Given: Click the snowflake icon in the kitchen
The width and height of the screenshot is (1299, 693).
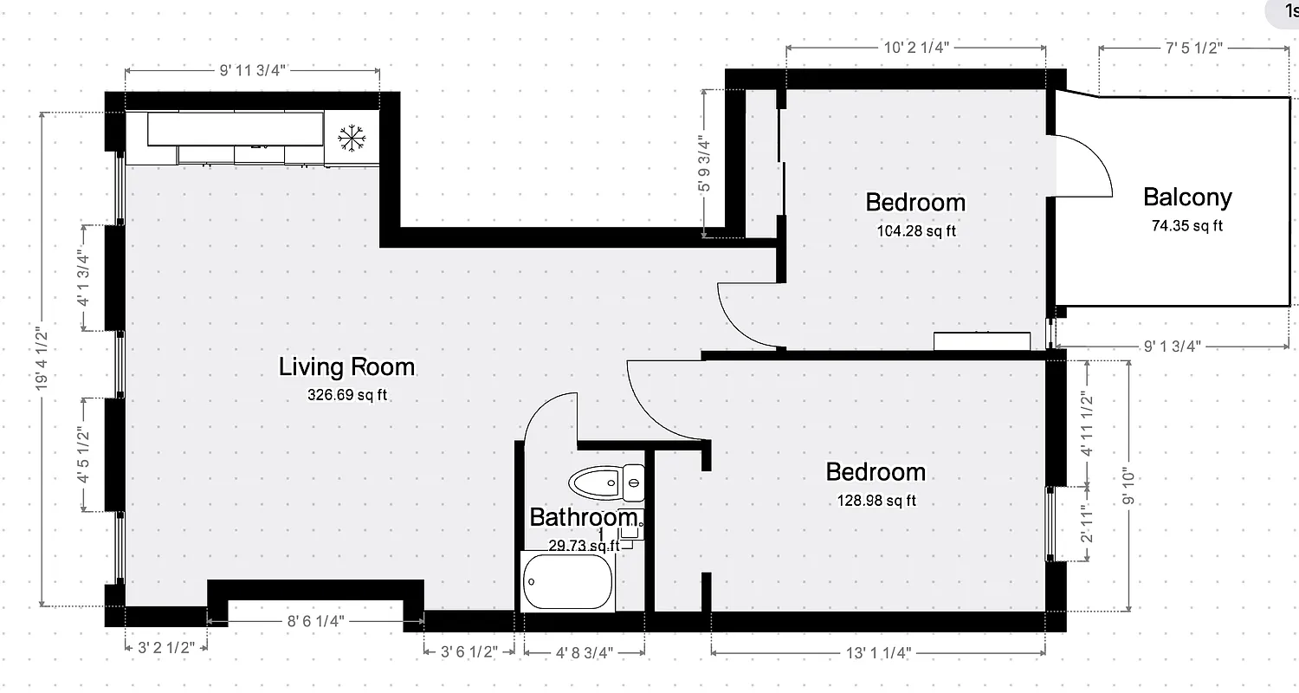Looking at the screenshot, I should pos(351,138).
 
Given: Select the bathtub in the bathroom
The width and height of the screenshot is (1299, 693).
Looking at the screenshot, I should pos(568,582).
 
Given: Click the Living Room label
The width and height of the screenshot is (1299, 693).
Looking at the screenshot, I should pos(346,366).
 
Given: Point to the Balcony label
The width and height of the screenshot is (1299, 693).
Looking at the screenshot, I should pos(1187,198).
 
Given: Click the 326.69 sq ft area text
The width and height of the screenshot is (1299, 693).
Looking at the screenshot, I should pos(346,395).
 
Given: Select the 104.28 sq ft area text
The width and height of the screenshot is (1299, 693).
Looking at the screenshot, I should pos(915,230).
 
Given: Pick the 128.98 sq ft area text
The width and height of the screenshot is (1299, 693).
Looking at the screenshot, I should pos(876,500).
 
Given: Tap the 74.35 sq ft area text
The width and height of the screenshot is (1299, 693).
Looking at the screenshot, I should pos(1186,226).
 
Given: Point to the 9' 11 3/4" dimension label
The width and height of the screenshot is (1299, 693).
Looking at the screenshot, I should pos(252,71).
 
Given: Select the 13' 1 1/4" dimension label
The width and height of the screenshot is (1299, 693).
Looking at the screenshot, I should pos(878,651).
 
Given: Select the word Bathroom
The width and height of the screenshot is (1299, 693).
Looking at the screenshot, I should pos(583,517).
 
